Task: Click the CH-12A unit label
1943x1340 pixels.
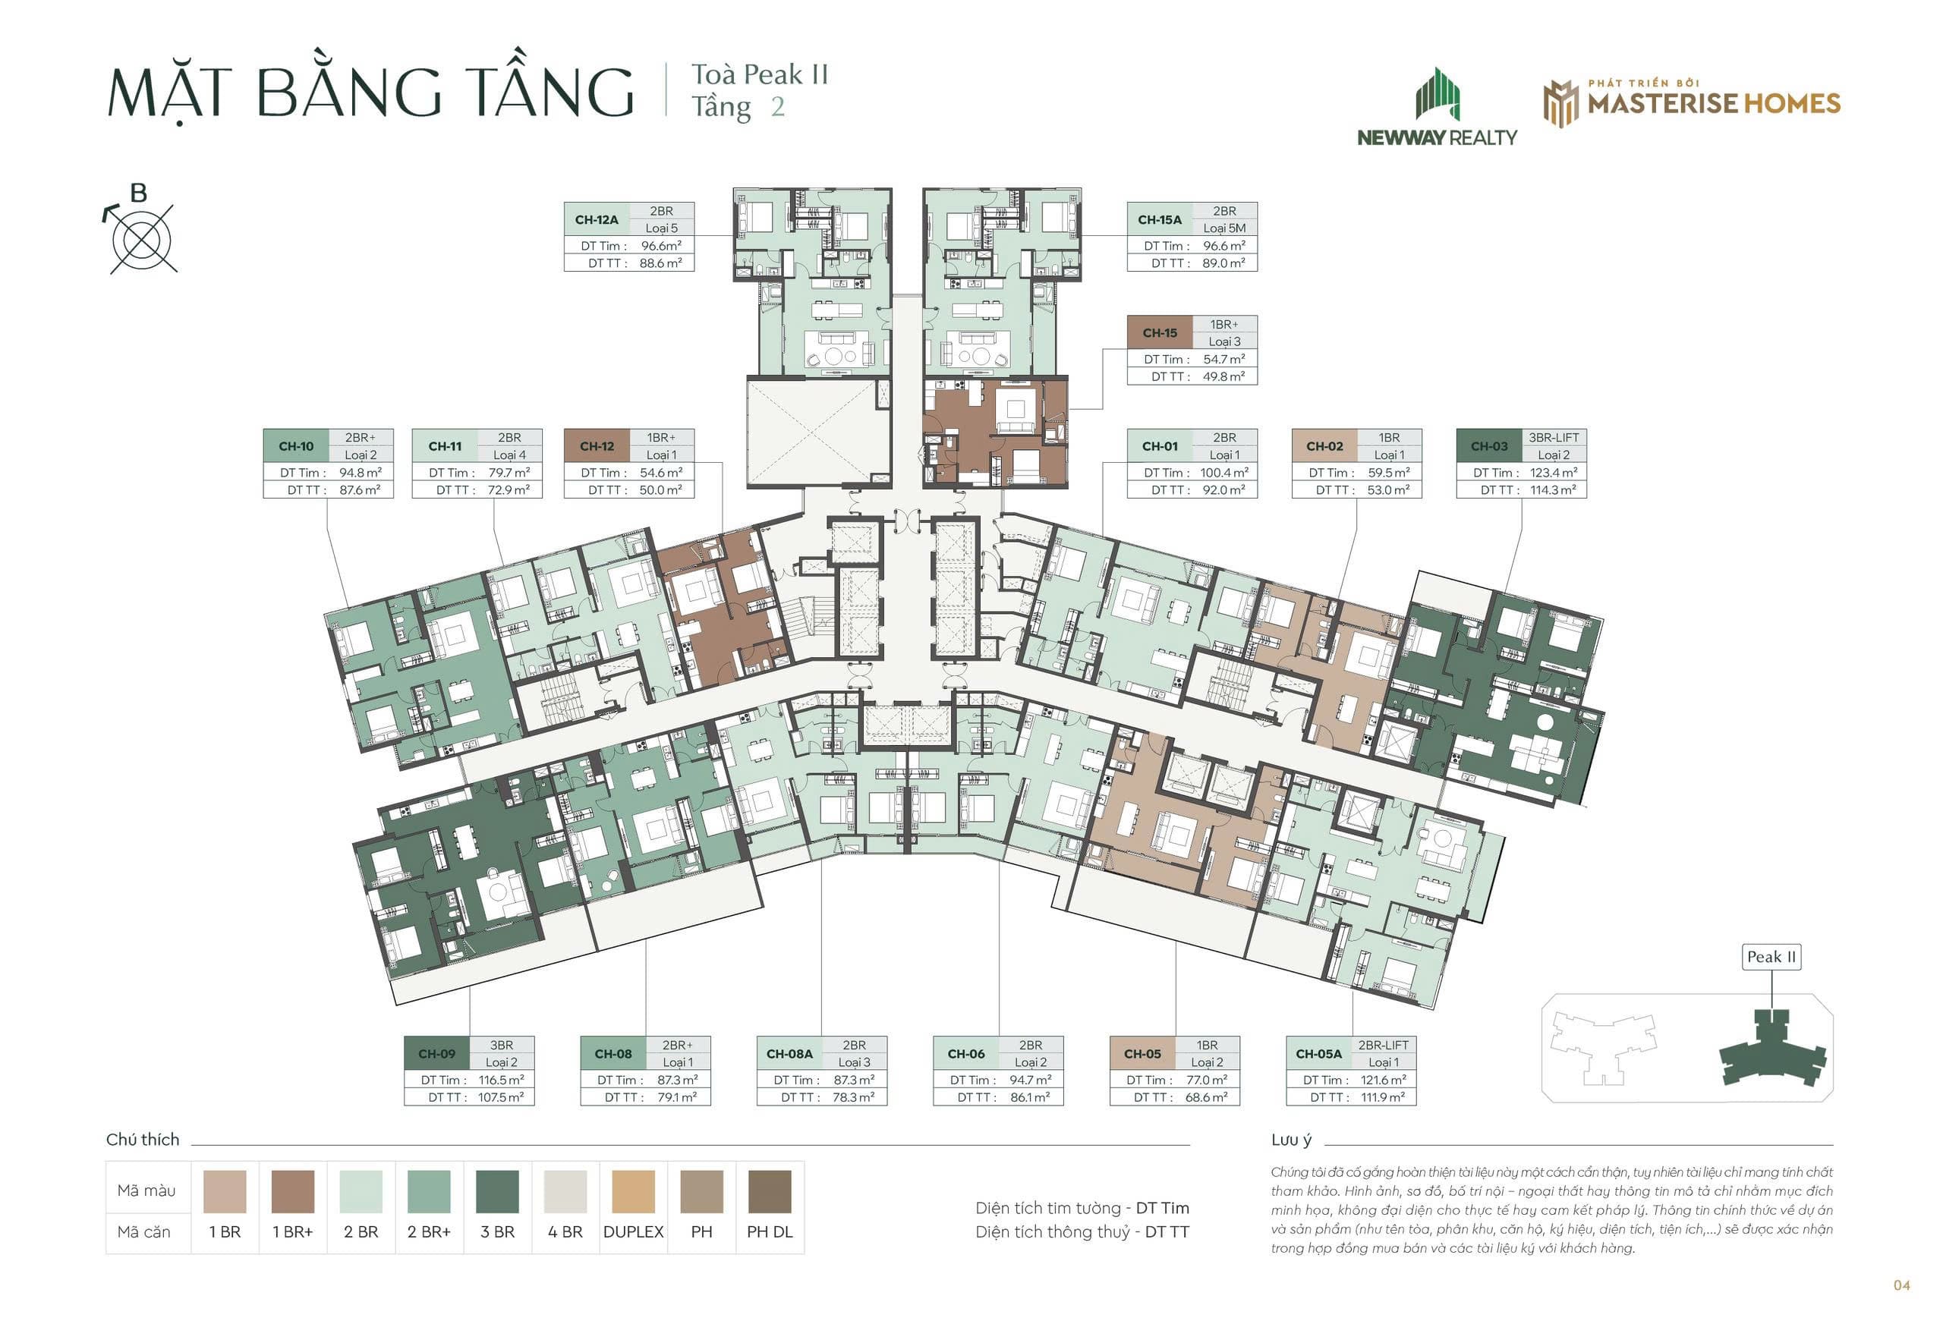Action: (x=596, y=220)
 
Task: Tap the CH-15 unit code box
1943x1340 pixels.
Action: (x=1160, y=333)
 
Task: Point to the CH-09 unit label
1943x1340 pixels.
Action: (x=436, y=1054)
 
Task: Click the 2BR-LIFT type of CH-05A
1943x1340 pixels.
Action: (x=1383, y=1046)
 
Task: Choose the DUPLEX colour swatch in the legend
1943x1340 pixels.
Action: (x=633, y=1191)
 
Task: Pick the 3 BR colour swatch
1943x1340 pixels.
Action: (x=497, y=1191)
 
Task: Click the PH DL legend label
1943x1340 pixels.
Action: (x=769, y=1231)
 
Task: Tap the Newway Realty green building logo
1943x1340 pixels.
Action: (x=1438, y=94)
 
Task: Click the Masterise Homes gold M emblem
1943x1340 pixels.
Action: (x=1561, y=103)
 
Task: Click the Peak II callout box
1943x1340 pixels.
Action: (x=1771, y=957)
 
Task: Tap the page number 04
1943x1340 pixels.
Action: (x=1902, y=1285)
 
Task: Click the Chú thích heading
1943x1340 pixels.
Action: (x=143, y=1140)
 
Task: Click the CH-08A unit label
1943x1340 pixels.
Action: (x=789, y=1054)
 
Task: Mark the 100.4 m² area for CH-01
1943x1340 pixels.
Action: (x=1224, y=473)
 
